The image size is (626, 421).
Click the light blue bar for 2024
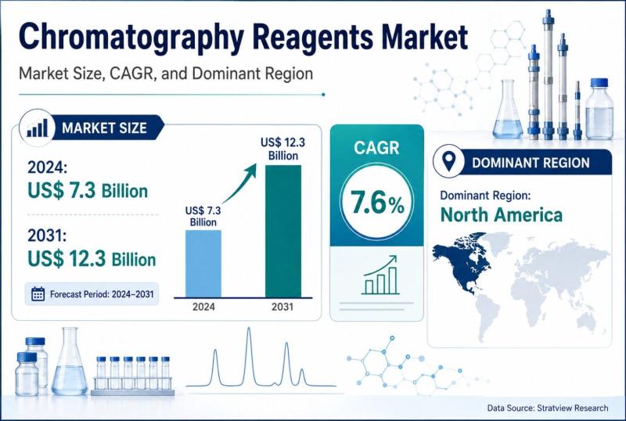[x=203, y=264]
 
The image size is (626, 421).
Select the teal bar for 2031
[x=283, y=232]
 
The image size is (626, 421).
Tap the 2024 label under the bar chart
[x=203, y=307]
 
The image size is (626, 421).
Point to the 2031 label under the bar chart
[x=282, y=307]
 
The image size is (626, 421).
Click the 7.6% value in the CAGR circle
[x=377, y=202]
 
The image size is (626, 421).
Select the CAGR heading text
[x=376, y=148]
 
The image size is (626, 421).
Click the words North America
[x=502, y=215]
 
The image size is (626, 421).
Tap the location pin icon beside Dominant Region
[x=449, y=162]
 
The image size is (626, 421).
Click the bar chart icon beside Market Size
[x=37, y=128]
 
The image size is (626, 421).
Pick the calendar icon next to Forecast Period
[x=38, y=294]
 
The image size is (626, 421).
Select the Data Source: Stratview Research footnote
[x=548, y=408]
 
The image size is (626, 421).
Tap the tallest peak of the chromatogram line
[x=249, y=329]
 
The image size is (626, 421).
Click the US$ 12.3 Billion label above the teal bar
[x=282, y=149]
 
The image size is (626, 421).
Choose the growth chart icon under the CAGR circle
[x=380, y=275]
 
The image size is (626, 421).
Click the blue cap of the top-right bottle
[x=599, y=83]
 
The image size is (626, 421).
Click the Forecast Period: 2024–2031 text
[x=102, y=294]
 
